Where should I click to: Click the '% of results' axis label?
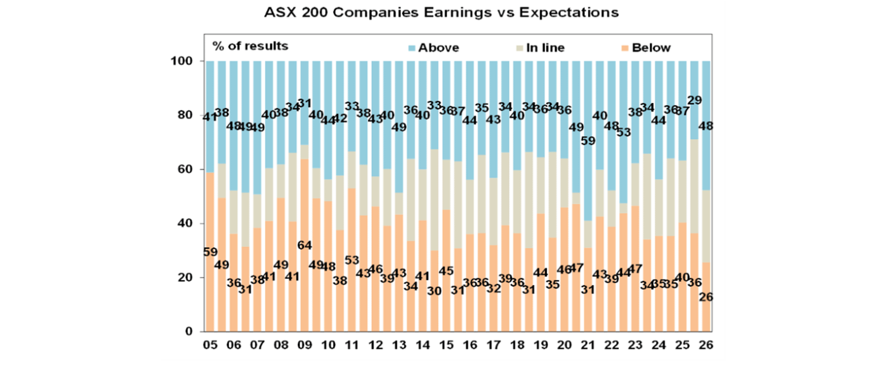pyautogui.click(x=250, y=46)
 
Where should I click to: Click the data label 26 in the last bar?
pyautogui.click(x=706, y=296)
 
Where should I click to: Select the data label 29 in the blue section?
pyautogui.click(x=694, y=101)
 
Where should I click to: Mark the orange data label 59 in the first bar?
pyautogui.click(x=210, y=252)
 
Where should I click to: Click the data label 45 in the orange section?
pyautogui.click(x=445, y=271)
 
